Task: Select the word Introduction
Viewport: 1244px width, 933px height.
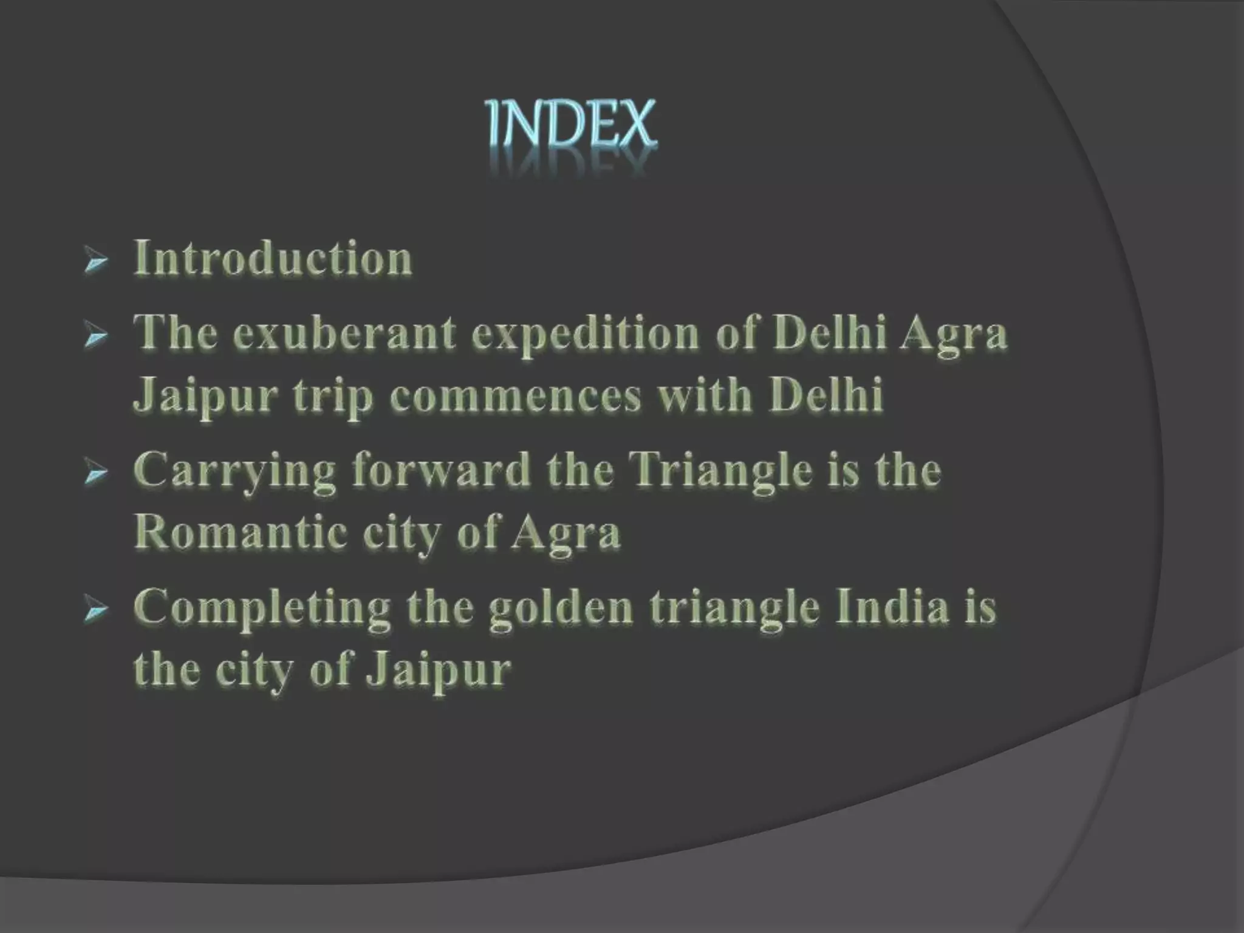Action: pyautogui.click(x=273, y=259)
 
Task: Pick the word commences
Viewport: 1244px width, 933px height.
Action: pyautogui.click(x=516, y=395)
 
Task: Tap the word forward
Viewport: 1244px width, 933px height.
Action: pyautogui.click(x=441, y=471)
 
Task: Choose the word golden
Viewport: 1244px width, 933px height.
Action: pyautogui.click(x=562, y=609)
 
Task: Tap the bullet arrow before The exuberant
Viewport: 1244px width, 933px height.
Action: pyautogui.click(x=96, y=338)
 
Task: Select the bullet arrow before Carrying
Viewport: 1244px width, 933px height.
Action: pyautogui.click(x=96, y=474)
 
